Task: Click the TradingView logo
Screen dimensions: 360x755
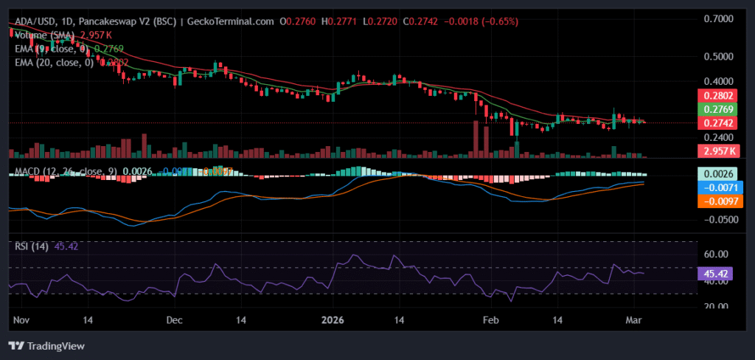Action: (46, 345)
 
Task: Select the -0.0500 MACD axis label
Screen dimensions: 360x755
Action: (715, 220)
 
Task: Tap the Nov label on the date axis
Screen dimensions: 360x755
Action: (21, 321)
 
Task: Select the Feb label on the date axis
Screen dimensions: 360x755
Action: (489, 321)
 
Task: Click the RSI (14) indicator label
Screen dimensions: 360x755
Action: (31, 246)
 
